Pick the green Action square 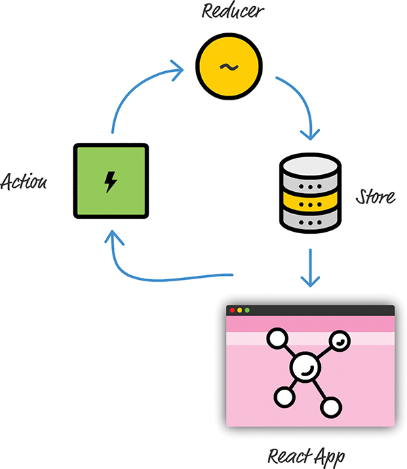110,182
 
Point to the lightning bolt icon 110,182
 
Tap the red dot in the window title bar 233,310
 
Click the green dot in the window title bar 248,310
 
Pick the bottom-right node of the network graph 330,407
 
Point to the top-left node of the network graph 277,338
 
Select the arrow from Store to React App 310,268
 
